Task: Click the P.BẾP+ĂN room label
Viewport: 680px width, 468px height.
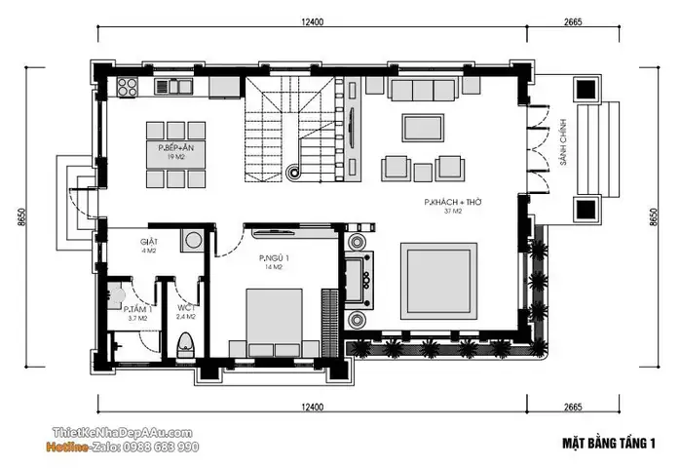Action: [175, 148]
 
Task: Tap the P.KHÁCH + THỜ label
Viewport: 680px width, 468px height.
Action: [453, 202]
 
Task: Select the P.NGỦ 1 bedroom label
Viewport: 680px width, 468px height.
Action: [274, 258]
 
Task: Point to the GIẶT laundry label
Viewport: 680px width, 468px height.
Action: [149, 242]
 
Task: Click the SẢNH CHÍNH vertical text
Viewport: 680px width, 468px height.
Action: [563, 142]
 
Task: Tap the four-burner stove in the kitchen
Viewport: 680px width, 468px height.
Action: [127, 86]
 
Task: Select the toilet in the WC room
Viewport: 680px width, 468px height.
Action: [186, 345]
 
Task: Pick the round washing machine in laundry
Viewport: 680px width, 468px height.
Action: [192, 240]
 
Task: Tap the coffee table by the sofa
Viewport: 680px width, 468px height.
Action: [423, 128]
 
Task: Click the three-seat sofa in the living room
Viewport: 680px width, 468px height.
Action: [423, 89]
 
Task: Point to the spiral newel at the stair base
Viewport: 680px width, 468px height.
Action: [294, 173]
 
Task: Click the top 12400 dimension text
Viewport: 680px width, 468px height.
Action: [313, 21]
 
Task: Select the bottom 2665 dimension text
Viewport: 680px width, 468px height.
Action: [573, 408]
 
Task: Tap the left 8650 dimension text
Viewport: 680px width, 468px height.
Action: [21, 217]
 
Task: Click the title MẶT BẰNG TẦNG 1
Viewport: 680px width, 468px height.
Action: [609, 444]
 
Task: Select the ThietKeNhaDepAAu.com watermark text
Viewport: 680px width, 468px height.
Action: [123, 432]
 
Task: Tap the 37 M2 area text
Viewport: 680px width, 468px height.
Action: [453, 212]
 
